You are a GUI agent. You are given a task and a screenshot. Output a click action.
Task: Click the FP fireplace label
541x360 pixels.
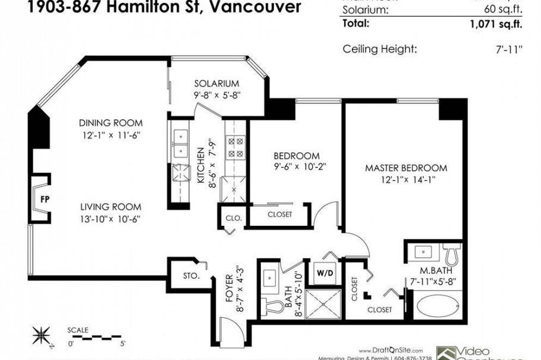pyautogui.click(x=45, y=199)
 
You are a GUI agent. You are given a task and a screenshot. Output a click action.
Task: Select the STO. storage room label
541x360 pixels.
pyautogui.click(x=191, y=277)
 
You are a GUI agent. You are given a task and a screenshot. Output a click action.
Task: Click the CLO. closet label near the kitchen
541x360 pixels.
pyautogui.click(x=233, y=218)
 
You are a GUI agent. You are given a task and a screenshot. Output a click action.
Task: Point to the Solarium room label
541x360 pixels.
pyautogui.click(x=216, y=84)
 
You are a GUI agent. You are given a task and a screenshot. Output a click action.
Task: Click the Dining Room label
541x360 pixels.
pyautogui.click(x=111, y=123)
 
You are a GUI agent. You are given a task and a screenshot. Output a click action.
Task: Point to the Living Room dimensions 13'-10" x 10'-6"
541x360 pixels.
pyautogui.click(x=111, y=219)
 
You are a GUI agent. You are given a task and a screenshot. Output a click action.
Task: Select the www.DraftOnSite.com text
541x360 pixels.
pyautogui.click(x=390, y=350)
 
